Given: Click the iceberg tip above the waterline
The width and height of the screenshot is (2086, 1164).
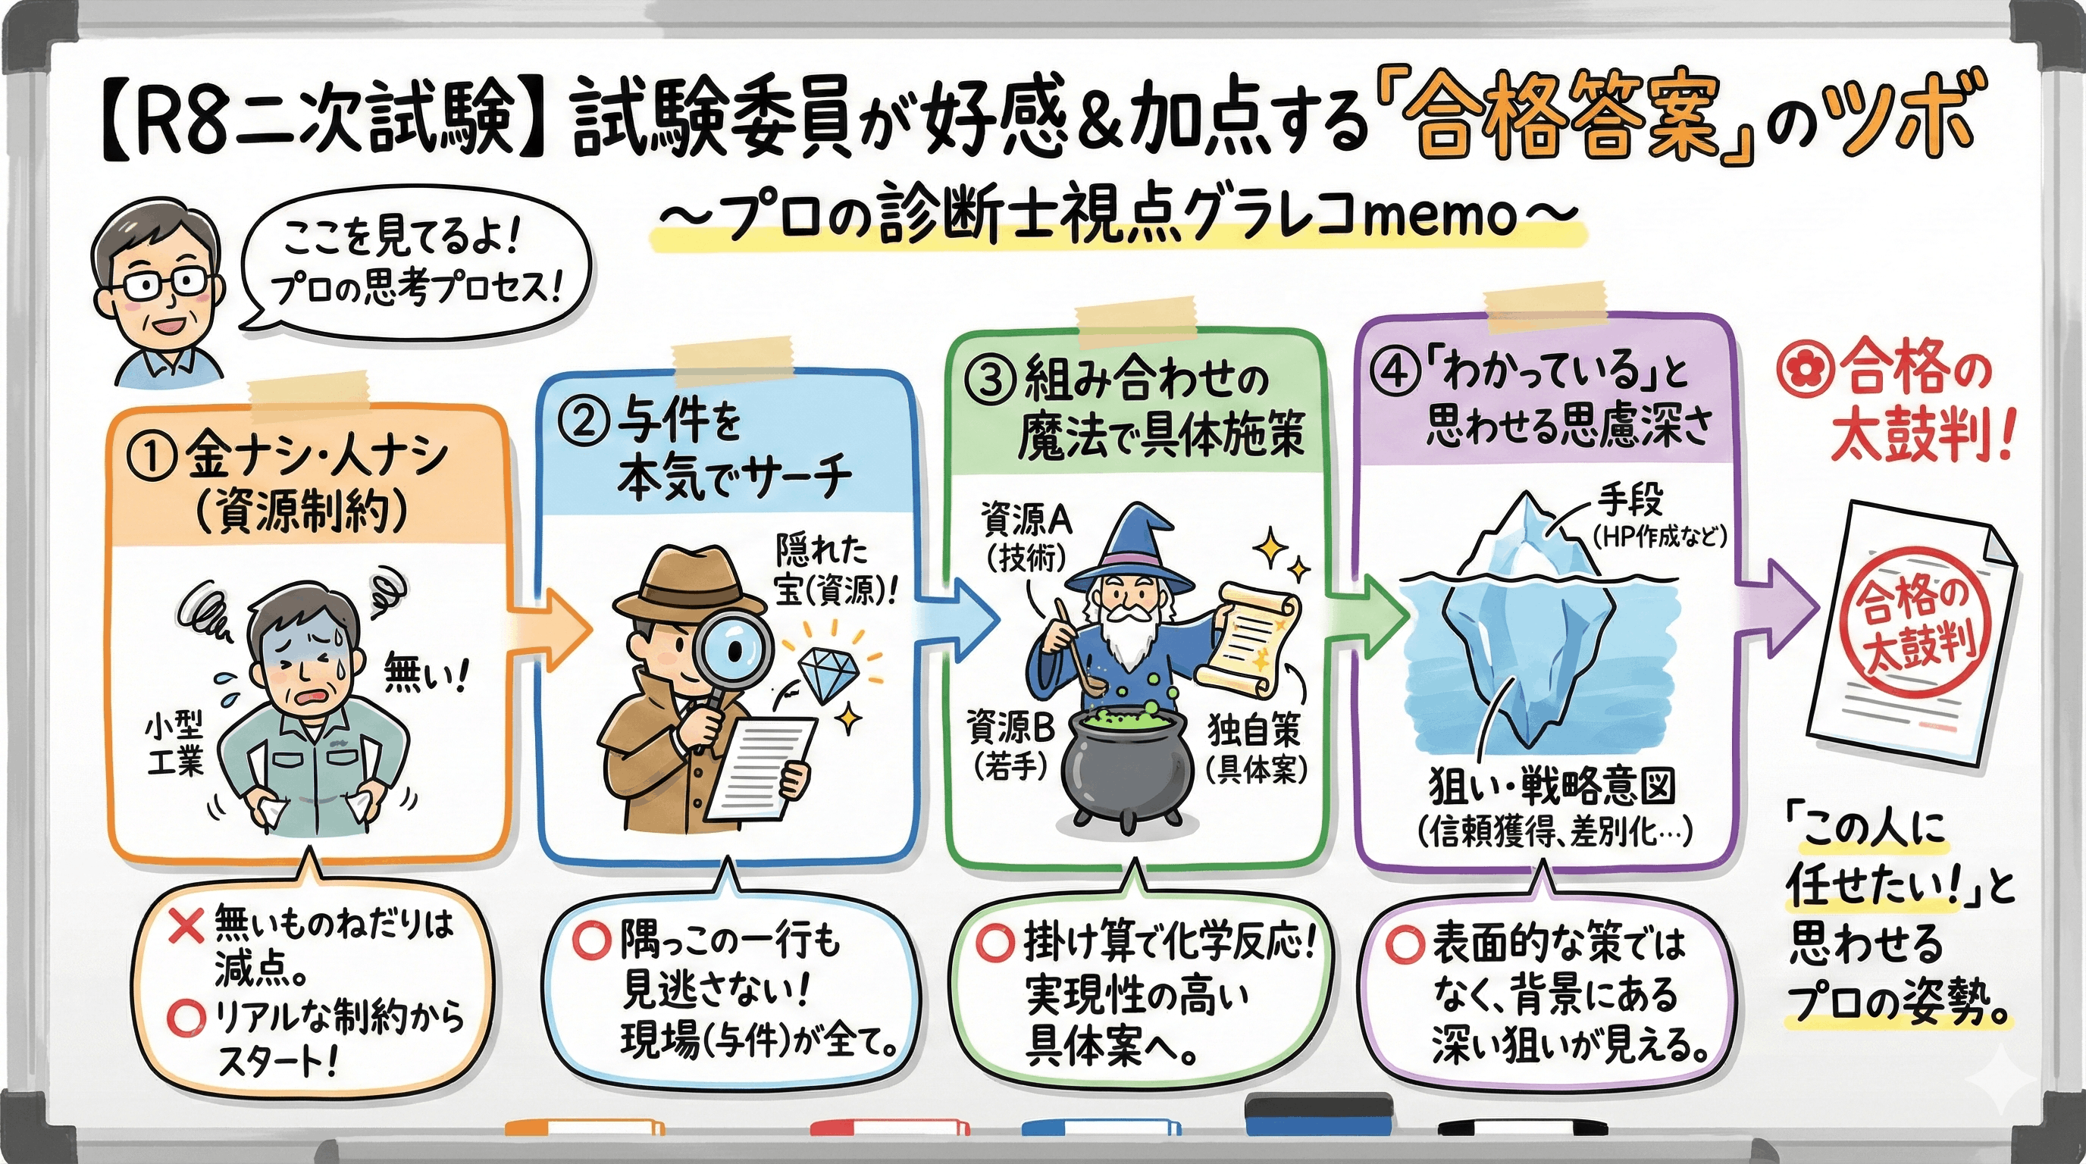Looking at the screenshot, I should [x=1527, y=538].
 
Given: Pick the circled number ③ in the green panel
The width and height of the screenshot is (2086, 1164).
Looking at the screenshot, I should [x=993, y=380].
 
